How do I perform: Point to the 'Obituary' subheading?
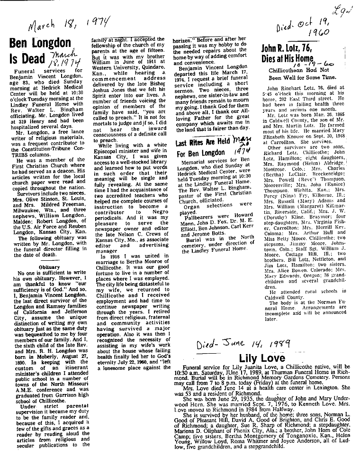49,266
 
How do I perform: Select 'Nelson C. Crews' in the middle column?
136,239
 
